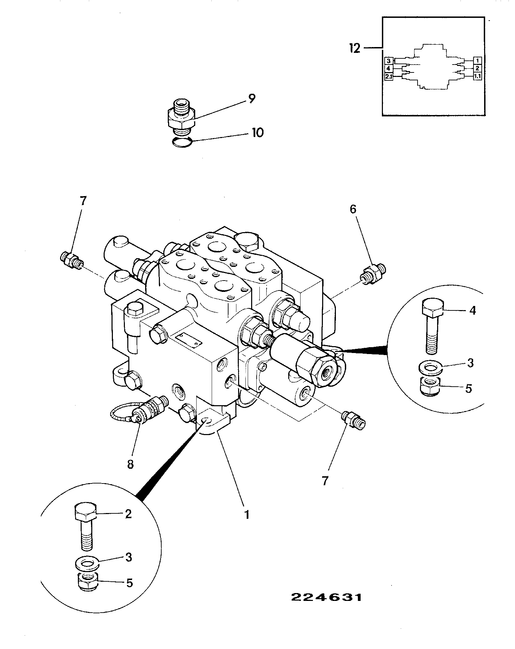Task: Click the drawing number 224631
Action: point(326,598)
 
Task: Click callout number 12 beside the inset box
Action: point(355,48)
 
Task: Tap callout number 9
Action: point(251,99)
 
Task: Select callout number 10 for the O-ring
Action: point(258,132)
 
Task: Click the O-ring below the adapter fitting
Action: point(182,142)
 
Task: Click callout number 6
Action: point(353,209)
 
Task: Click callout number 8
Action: point(130,464)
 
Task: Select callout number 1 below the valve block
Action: point(247,515)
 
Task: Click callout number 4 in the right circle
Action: point(472,310)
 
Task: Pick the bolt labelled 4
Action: point(432,326)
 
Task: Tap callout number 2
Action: point(128,514)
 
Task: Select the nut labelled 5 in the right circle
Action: point(430,386)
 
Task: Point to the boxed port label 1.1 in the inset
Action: point(478,76)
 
